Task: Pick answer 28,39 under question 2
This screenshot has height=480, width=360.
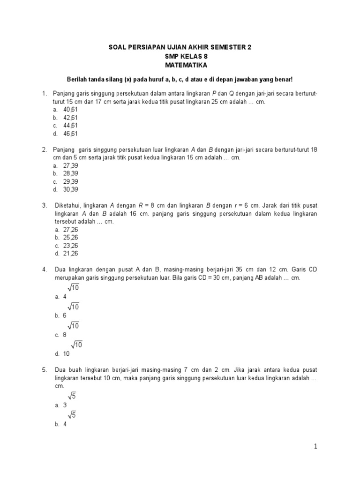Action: [70, 173]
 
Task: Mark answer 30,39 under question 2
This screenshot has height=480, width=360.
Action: [70, 189]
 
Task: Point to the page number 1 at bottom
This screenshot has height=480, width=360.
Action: [316, 447]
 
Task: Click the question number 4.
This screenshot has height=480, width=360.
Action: [44, 270]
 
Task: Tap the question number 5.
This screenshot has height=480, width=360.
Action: [44, 369]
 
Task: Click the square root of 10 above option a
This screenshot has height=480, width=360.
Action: [73, 288]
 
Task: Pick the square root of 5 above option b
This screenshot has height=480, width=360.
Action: [72, 414]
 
